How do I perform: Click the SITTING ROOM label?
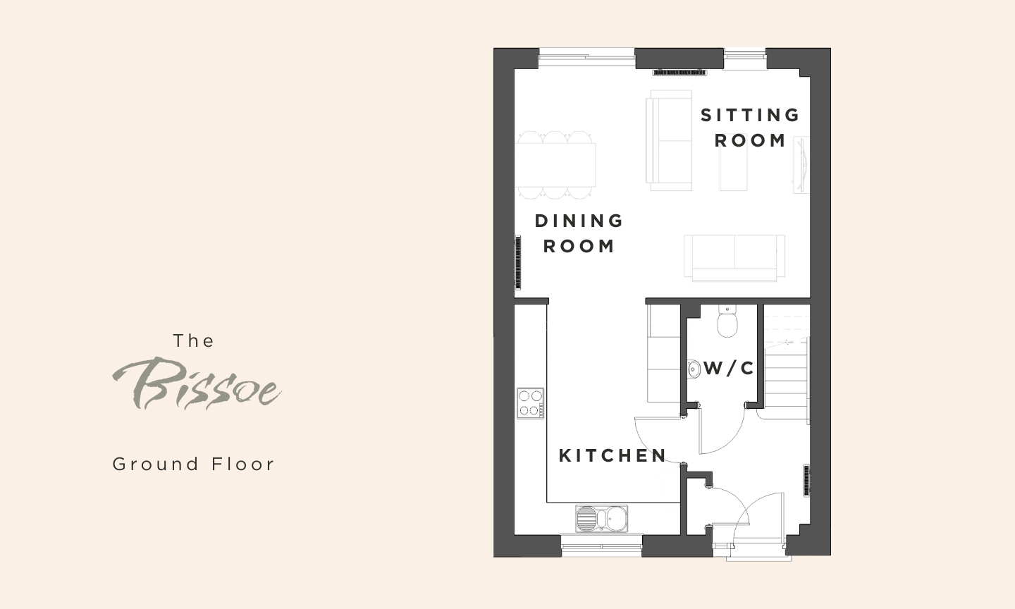750,128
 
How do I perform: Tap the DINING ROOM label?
579,234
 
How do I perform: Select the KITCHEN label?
613,456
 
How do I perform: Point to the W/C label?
729,369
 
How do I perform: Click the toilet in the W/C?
727,321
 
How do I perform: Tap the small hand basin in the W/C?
694,369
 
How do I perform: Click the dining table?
556,165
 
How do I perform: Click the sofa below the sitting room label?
734,258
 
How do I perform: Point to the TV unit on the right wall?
801,165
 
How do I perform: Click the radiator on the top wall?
679,73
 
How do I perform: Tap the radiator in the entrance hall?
806,480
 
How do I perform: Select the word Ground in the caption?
155,465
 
